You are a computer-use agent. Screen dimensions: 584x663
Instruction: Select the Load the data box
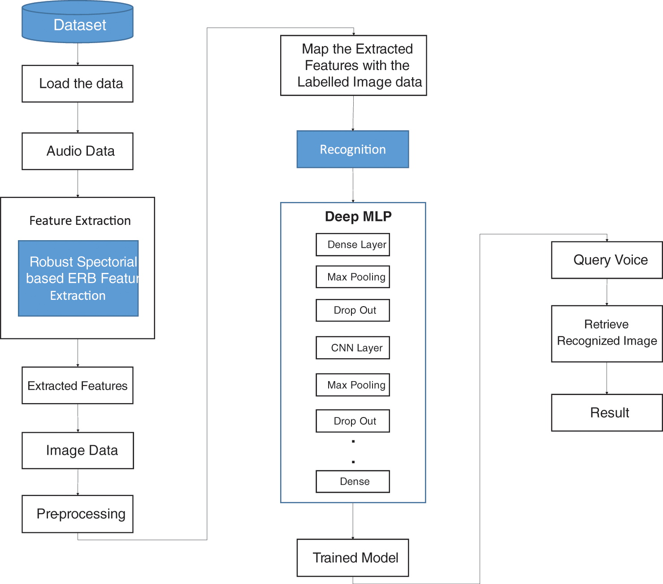tap(78, 83)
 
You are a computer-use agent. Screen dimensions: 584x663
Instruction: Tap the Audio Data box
tap(78, 151)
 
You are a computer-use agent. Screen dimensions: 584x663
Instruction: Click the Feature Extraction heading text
tap(80, 220)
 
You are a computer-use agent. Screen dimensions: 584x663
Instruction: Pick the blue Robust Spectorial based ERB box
tap(78, 278)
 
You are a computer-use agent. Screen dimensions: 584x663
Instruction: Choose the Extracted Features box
tap(78, 386)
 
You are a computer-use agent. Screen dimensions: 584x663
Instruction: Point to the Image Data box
tap(78, 450)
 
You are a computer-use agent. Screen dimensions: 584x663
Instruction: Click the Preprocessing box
tap(78, 514)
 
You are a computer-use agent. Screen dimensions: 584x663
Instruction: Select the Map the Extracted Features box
tap(353, 66)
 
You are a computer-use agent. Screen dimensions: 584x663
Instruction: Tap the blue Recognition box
tap(353, 149)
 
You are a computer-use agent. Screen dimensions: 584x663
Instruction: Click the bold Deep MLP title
tap(358, 216)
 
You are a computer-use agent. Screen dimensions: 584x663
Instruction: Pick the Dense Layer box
tap(353, 245)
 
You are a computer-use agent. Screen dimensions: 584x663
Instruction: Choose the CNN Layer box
tap(353, 348)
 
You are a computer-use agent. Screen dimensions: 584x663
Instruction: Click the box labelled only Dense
tap(353, 482)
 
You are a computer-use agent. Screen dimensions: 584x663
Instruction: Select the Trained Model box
tap(353, 558)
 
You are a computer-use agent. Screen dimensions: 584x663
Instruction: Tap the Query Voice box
tap(607, 260)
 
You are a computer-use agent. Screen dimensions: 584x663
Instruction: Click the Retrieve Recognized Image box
tap(607, 334)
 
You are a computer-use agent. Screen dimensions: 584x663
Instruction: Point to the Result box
tap(607, 413)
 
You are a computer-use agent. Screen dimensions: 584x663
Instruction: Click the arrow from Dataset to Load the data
tap(78, 54)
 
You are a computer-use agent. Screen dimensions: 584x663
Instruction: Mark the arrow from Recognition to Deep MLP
tap(353, 185)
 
